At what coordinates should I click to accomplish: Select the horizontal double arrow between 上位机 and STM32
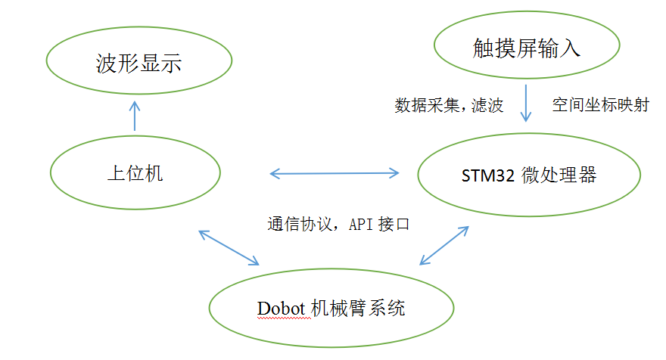(335, 174)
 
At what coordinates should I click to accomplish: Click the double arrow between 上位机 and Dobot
(229, 247)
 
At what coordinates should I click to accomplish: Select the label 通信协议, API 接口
(338, 224)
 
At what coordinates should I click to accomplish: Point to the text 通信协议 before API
(294, 224)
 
